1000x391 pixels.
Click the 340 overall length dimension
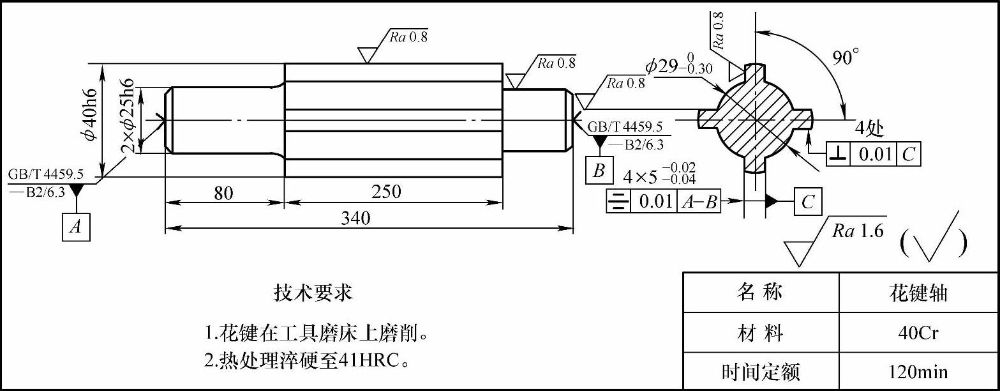point(356,218)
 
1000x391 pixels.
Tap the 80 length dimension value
point(224,192)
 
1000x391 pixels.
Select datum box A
point(76,227)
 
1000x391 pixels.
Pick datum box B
point(599,171)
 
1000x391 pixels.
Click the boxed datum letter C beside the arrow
point(808,202)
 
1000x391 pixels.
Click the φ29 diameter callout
point(679,65)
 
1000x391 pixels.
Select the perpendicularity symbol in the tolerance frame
point(839,154)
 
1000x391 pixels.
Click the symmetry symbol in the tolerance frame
point(616,202)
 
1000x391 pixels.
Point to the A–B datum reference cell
point(700,202)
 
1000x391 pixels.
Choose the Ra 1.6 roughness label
point(858,231)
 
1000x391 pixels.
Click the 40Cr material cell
point(918,333)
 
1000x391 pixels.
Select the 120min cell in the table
point(918,371)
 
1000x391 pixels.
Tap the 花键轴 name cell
point(918,293)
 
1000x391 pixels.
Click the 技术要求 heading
point(313,293)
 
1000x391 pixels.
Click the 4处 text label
point(869,129)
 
